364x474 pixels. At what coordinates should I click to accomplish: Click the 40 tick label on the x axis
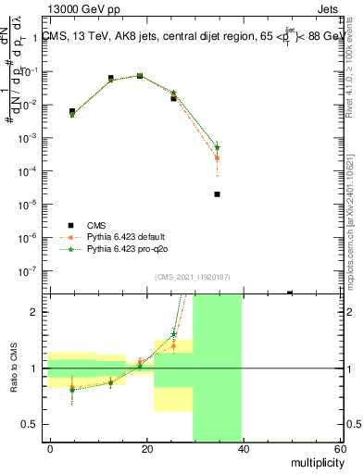tap(243, 449)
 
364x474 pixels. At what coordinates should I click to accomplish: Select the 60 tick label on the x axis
tap(338, 449)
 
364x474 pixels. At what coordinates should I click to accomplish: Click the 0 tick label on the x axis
tap(50, 449)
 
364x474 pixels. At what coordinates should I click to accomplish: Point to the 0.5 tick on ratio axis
tap(31, 424)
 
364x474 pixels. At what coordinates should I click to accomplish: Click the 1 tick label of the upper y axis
tap(35, 38)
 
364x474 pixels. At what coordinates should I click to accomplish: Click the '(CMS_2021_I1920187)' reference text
tap(193, 276)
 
